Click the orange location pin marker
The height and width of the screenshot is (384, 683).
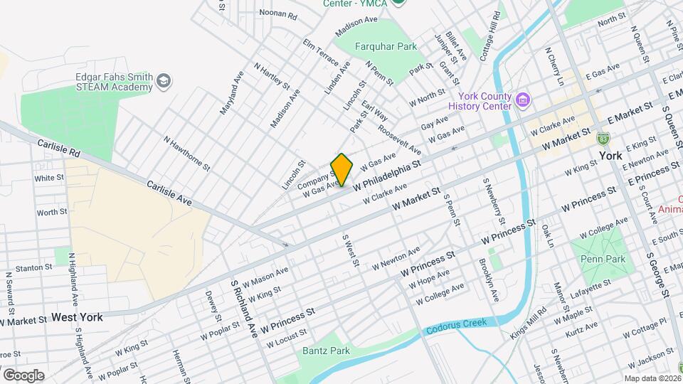point(341,169)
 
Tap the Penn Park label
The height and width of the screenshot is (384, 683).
point(602,259)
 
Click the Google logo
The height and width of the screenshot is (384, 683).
point(23,375)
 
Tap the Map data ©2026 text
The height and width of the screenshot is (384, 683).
point(652,378)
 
